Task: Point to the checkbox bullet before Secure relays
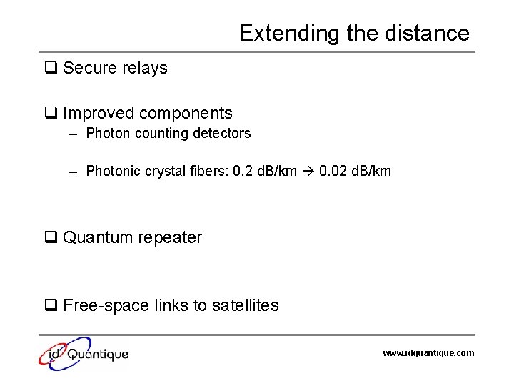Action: [51, 69]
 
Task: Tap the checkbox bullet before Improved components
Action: [51, 113]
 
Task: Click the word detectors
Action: [222, 134]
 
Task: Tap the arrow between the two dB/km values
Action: [308, 172]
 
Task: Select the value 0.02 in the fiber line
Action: [331, 172]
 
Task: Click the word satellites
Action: [243, 306]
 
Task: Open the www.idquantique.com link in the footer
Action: [428, 353]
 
